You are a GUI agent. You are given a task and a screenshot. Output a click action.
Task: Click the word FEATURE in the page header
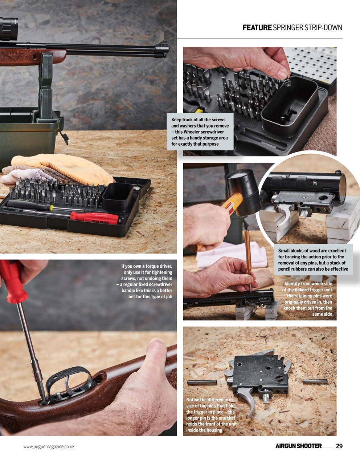(x=257, y=28)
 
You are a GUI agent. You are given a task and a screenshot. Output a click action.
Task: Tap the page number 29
(x=339, y=446)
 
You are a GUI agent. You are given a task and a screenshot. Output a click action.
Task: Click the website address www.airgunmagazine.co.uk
(x=49, y=446)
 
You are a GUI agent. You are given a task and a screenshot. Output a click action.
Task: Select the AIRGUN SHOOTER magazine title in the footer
(x=298, y=446)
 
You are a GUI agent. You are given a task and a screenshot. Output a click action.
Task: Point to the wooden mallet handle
(x=233, y=203)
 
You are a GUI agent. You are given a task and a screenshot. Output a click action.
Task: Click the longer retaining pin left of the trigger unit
(x=202, y=383)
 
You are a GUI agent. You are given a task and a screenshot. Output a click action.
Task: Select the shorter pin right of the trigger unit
(x=315, y=381)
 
